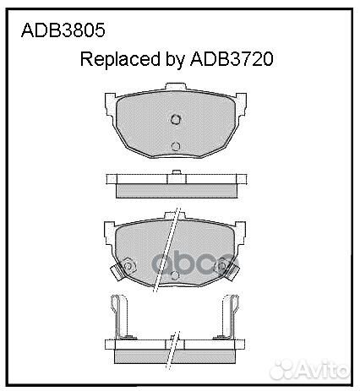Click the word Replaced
[x=114, y=60]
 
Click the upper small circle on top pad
[x=176, y=118]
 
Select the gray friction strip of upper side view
[x=175, y=188]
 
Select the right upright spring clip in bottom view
[x=230, y=318]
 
